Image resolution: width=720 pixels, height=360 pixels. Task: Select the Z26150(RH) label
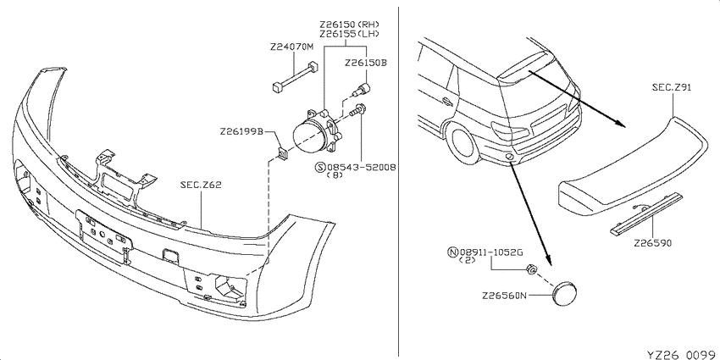pyautogui.click(x=350, y=24)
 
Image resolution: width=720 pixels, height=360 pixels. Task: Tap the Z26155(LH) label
pyautogui.click(x=350, y=33)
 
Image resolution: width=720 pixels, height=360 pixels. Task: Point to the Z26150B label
pyautogui.click(x=366, y=63)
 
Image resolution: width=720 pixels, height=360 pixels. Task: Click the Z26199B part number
pyautogui.click(x=241, y=131)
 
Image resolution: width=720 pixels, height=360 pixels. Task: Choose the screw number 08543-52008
pyautogui.click(x=361, y=167)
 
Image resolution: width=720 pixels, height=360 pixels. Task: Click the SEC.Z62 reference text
pyautogui.click(x=201, y=186)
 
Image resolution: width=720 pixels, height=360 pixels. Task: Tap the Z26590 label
pyautogui.click(x=652, y=243)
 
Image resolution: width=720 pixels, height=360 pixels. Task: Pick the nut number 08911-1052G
pyautogui.click(x=491, y=252)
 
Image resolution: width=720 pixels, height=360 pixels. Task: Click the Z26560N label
pyautogui.click(x=503, y=296)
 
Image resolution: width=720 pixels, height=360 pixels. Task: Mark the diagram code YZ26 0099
pyautogui.click(x=681, y=354)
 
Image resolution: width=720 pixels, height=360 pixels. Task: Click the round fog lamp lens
pyautogui.click(x=307, y=136)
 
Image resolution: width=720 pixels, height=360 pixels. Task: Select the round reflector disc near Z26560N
pyautogui.click(x=564, y=292)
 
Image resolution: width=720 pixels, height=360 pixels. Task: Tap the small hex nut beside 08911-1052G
pyautogui.click(x=531, y=269)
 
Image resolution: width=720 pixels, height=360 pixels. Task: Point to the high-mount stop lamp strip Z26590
pyautogui.click(x=645, y=214)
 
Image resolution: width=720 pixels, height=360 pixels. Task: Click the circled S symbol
pyautogui.click(x=320, y=167)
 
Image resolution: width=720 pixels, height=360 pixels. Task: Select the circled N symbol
pyautogui.click(x=453, y=252)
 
